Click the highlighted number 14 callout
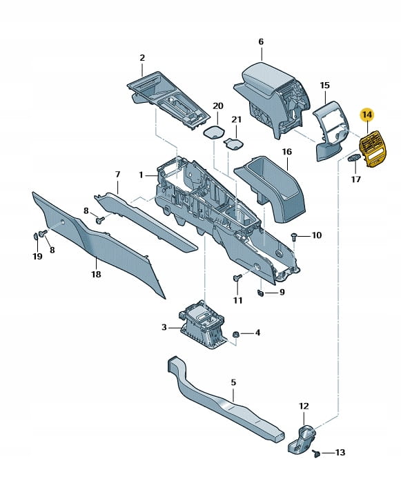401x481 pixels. (367, 115)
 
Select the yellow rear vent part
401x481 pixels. (372, 150)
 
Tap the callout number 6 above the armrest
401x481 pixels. (261, 41)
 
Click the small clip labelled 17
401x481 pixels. (353, 157)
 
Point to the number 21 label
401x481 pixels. (236, 119)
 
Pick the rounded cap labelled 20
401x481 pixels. (214, 132)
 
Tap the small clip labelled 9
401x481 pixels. (260, 293)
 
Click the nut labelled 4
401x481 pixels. (235, 334)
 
